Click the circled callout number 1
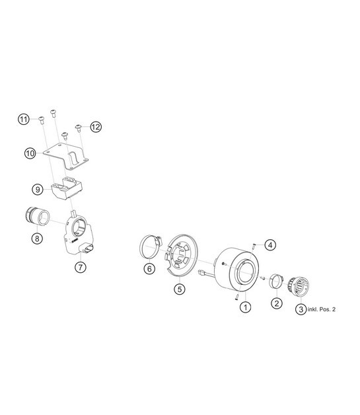(x=245, y=307)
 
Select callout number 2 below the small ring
(x=276, y=303)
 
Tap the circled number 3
(x=301, y=309)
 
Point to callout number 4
(x=270, y=245)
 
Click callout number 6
(x=149, y=268)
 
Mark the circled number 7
(x=81, y=268)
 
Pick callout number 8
(x=37, y=239)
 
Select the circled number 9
(x=38, y=190)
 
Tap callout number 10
(x=30, y=153)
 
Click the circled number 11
(x=24, y=120)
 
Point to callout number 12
(x=96, y=127)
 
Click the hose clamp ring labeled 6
(x=151, y=248)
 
